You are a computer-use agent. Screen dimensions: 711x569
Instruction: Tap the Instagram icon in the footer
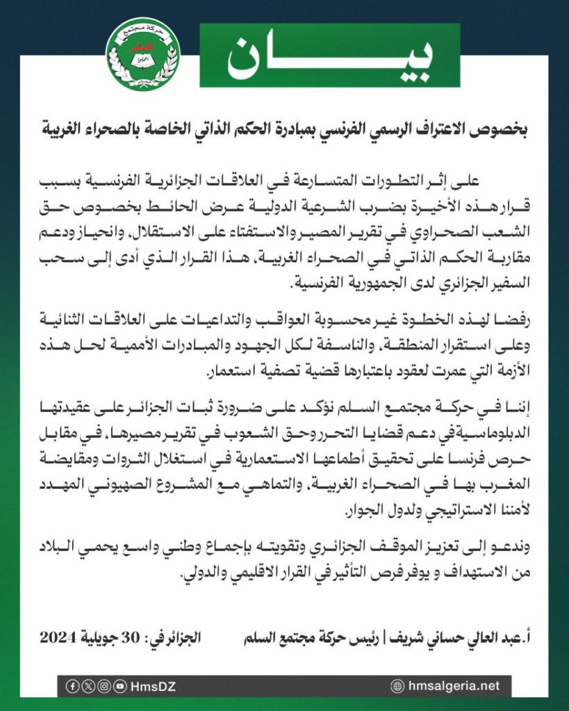(104, 686)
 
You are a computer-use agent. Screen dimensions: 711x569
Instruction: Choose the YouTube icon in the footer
(119, 686)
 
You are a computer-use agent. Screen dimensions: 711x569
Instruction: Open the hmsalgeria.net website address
(454, 686)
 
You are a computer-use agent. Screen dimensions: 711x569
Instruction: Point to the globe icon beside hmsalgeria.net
(397, 686)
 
